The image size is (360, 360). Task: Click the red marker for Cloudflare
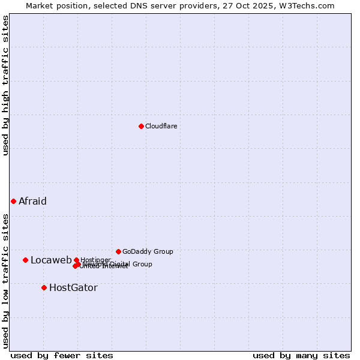point(141,126)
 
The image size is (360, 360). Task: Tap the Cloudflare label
point(161,126)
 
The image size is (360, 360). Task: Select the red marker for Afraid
point(13,201)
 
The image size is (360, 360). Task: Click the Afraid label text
point(32,201)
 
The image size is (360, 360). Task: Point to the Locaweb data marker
point(25,260)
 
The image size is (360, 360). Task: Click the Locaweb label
point(51,260)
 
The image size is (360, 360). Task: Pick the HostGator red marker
point(44,287)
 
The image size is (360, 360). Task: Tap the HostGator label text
point(73,287)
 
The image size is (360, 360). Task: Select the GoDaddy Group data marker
point(118,251)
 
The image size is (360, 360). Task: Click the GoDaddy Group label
point(148,251)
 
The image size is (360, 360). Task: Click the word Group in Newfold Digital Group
point(142,264)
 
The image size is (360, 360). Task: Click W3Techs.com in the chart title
point(307,5)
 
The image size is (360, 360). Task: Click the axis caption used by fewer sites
point(62,355)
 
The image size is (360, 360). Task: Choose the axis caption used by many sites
point(301,355)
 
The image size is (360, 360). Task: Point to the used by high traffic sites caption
point(5,85)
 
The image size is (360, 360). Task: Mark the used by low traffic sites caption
point(5,280)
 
